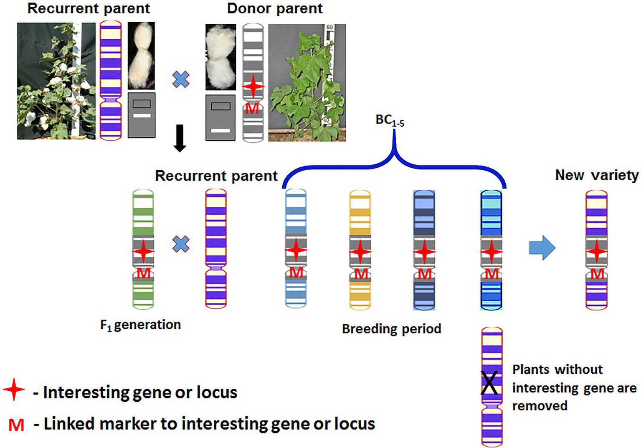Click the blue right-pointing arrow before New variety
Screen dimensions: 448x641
pos(542,248)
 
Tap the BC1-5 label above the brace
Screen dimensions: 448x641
pos(390,120)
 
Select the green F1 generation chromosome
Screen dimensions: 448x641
pos(143,249)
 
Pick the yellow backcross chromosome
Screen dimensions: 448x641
pos(360,249)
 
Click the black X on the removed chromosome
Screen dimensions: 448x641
pos(489,383)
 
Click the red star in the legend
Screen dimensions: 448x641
pos(14,390)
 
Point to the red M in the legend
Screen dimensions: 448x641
pos(16,425)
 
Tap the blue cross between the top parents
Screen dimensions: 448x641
pos(181,79)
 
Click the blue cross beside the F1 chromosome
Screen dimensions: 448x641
pos(181,244)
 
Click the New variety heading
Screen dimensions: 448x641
pos(596,175)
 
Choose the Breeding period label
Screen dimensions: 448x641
pos(391,329)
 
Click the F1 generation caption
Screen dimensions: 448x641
pos(140,325)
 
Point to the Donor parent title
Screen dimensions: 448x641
pos(274,8)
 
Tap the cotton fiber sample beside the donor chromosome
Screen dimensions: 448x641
pos(220,57)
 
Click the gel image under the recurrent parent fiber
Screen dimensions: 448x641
pos(142,115)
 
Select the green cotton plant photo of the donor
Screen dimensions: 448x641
pos(307,83)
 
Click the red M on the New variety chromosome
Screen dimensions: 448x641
pos(597,274)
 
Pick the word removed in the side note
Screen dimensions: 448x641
pos(540,405)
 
